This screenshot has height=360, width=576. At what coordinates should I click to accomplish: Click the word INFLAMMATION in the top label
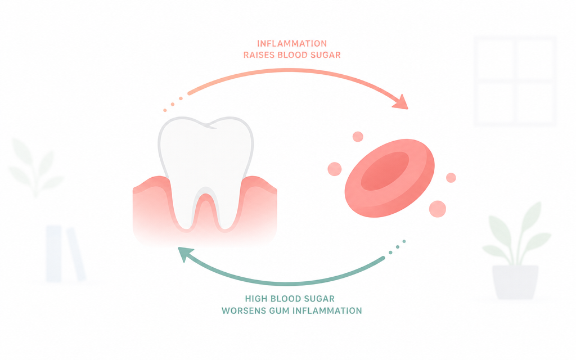[x=292, y=44]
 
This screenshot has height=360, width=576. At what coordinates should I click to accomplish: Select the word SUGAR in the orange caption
[x=326, y=55]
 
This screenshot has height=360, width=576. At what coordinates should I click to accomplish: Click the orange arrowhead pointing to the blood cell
[x=401, y=102]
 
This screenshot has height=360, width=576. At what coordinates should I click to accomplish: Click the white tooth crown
[x=206, y=154]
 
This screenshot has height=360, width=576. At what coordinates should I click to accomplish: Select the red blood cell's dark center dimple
[x=385, y=171]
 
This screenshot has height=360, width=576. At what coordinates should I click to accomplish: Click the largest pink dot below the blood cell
[x=438, y=209]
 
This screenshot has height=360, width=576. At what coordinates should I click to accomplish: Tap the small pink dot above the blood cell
[x=358, y=137]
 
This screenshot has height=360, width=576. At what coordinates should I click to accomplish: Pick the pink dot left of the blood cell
[x=335, y=169]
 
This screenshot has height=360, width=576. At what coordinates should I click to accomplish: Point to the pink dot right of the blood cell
[x=451, y=178]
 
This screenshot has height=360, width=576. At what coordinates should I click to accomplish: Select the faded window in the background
[x=515, y=81]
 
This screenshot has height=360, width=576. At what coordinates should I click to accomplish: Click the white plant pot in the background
[x=515, y=282]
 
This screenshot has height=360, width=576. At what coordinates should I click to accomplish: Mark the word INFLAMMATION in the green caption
[x=327, y=310]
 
